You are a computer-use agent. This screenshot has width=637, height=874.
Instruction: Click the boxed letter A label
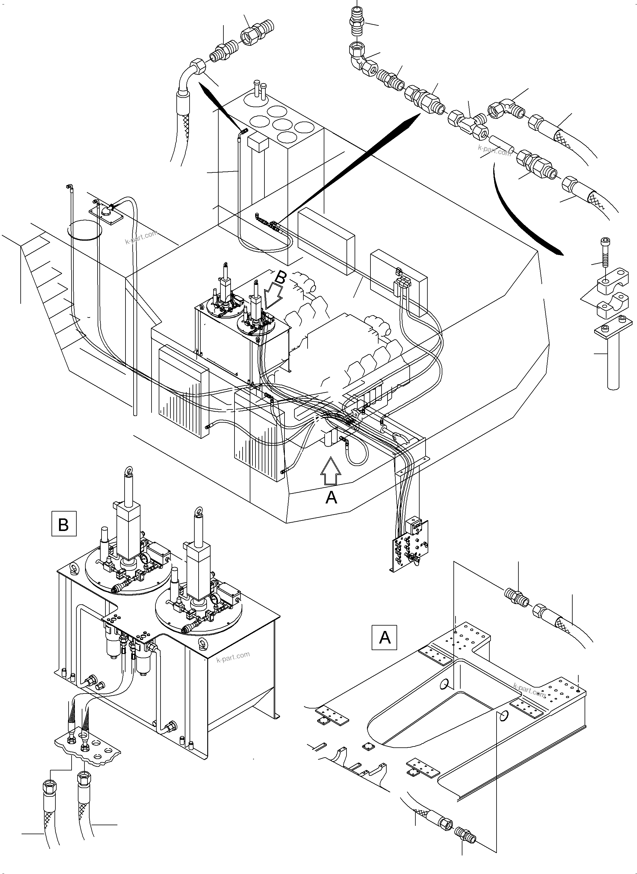coord(385,638)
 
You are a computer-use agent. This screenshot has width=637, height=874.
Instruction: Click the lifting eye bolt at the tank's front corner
coord(201,642)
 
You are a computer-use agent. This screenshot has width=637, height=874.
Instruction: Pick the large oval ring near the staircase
coord(85,230)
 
